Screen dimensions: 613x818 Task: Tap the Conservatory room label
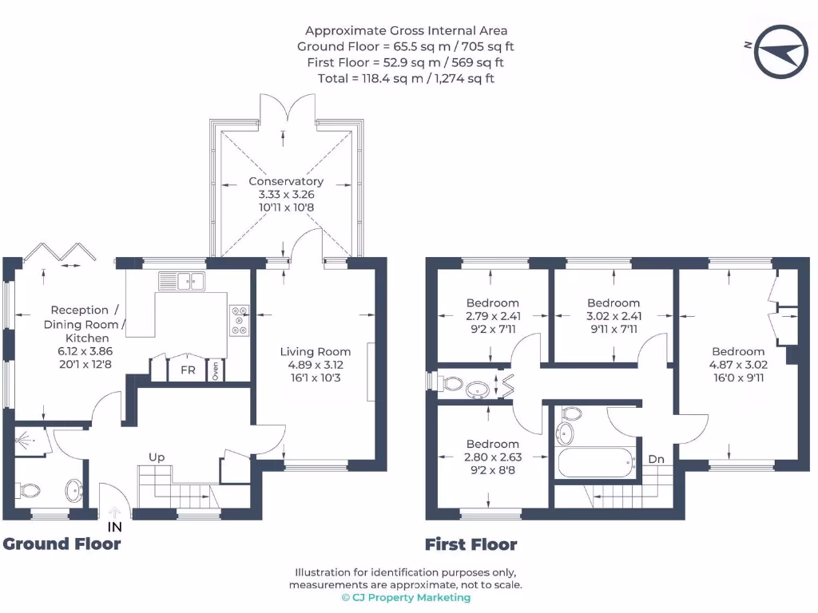285,181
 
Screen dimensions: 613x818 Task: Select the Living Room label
315,351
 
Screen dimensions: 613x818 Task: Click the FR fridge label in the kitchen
188,370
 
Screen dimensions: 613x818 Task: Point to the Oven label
216,372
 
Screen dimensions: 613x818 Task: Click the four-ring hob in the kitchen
239,319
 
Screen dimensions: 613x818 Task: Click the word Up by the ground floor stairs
157,457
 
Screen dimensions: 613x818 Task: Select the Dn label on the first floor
656,459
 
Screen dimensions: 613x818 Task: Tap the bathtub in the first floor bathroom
595,462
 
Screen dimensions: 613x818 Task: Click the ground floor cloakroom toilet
30,488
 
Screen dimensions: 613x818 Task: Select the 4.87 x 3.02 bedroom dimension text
738,365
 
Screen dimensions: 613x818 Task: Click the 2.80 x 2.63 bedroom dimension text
493,457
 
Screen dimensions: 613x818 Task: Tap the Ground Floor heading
62,544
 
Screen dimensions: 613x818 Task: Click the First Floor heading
471,545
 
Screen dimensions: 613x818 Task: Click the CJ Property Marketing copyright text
408,597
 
